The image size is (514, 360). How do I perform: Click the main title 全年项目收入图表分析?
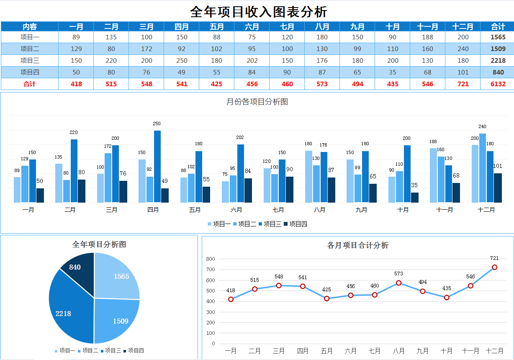click(x=258, y=11)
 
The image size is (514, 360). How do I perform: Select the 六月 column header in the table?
click(x=252, y=27)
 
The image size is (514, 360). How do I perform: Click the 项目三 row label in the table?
click(x=30, y=60)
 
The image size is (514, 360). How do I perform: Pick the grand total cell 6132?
click(x=498, y=84)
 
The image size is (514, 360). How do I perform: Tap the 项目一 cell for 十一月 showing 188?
click(x=427, y=37)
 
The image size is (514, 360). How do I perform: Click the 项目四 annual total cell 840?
click(x=498, y=72)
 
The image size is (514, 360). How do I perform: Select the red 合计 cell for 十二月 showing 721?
click(x=463, y=84)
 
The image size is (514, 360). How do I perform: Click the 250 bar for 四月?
click(x=157, y=167)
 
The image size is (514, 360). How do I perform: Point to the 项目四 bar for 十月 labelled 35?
click(x=415, y=198)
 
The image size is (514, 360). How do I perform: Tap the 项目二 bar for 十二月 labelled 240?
click(x=483, y=167)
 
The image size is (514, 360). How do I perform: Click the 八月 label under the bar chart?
click(x=319, y=210)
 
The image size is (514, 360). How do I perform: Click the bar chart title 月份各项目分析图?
click(x=257, y=102)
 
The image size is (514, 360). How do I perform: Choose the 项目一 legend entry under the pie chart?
click(x=64, y=351)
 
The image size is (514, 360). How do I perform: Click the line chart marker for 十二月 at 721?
click(x=494, y=267)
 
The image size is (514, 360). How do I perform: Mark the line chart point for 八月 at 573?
click(x=398, y=283)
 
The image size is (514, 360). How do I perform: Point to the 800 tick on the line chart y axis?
click(x=210, y=259)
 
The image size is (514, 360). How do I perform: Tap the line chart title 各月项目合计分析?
click(x=357, y=245)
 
